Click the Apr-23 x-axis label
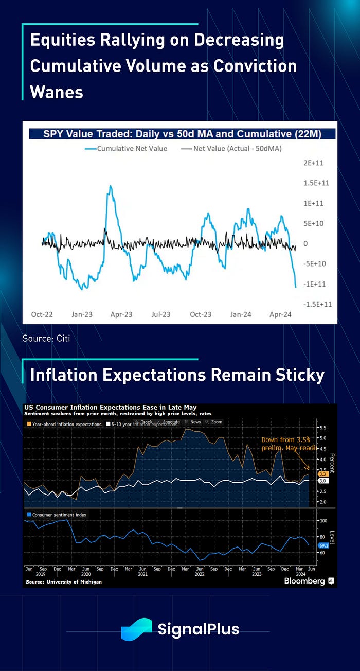(122, 314)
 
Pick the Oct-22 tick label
(43, 314)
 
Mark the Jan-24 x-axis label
(240, 314)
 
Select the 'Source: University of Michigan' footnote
(63, 582)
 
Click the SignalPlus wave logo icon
(136, 628)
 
